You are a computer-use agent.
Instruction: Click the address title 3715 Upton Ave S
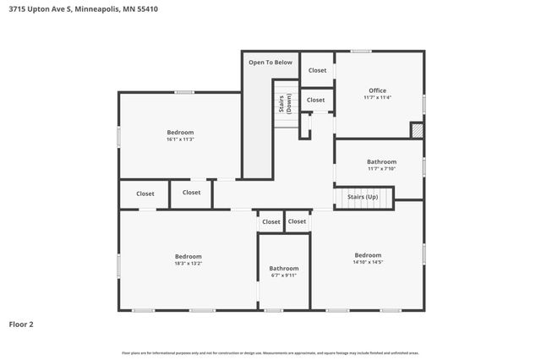coord(83,9)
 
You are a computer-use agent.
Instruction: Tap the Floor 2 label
coord(21,324)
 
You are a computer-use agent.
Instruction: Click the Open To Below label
coord(270,63)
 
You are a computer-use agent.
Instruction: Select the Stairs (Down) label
coord(286,104)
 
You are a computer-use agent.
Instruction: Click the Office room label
coord(377,90)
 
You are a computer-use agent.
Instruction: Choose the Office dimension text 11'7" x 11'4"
coord(377,98)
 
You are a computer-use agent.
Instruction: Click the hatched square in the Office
coord(416,129)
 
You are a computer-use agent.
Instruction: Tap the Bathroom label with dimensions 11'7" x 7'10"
coord(381,161)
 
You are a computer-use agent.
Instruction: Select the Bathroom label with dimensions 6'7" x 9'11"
coord(284,268)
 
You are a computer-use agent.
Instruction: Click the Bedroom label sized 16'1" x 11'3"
coord(180,132)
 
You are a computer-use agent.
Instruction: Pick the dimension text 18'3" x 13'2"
coord(189,264)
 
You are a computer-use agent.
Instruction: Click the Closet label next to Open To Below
coord(317,70)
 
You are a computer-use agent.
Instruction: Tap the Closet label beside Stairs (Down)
coord(315,100)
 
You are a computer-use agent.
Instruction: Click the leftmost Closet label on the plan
coord(145,193)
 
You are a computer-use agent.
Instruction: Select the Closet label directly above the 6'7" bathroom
coord(270,221)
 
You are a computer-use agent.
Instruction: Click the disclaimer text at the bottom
coord(270,352)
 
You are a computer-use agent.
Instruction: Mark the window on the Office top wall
coord(361,52)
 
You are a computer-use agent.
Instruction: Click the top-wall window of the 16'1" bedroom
coord(184,92)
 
